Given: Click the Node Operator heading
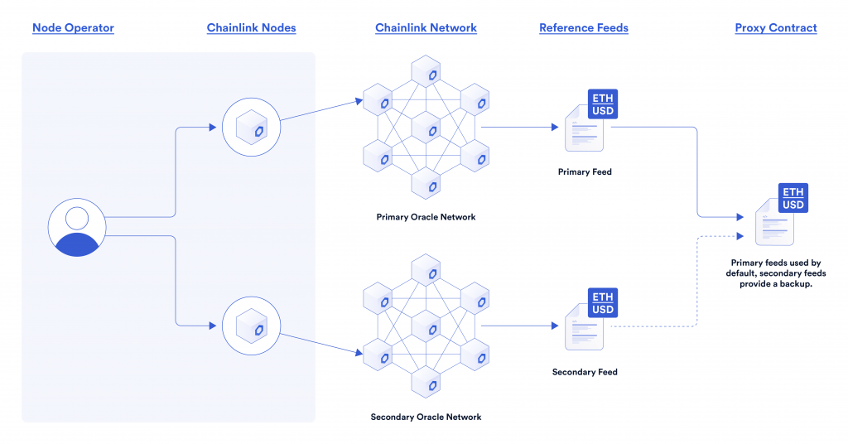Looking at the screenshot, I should pyautogui.click(x=73, y=28).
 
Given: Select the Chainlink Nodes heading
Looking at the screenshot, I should pyautogui.click(x=251, y=28).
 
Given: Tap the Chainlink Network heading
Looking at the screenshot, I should pyautogui.click(x=426, y=28).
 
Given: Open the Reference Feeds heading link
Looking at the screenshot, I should pyautogui.click(x=583, y=28).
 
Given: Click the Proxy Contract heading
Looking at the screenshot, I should pyautogui.click(x=776, y=28).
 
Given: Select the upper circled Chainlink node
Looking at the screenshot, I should pyautogui.click(x=252, y=128).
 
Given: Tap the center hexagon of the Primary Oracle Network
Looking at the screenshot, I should pyautogui.click(x=426, y=128).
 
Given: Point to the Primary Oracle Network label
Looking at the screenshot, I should pyautogui.click(x=426, y=218).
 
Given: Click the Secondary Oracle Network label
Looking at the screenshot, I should pyautogui.click(x=426, y=417).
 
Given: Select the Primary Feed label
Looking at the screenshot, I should pyautogui.click(x=585, y=173).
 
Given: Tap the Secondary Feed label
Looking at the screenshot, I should pyautogui.click(x=585, y=372).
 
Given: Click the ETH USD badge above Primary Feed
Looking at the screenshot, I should pyautogui.click(x=602, y=104).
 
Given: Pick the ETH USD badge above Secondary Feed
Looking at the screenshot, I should pyautogui.click(x=602, y=303).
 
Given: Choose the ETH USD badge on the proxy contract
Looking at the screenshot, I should pyautogui.click(x=793, y=199).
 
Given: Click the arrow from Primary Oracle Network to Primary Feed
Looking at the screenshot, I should pyautogui.click(x=522, y=128).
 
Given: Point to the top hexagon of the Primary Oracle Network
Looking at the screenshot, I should pyautogui.click(x=426, y=72).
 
